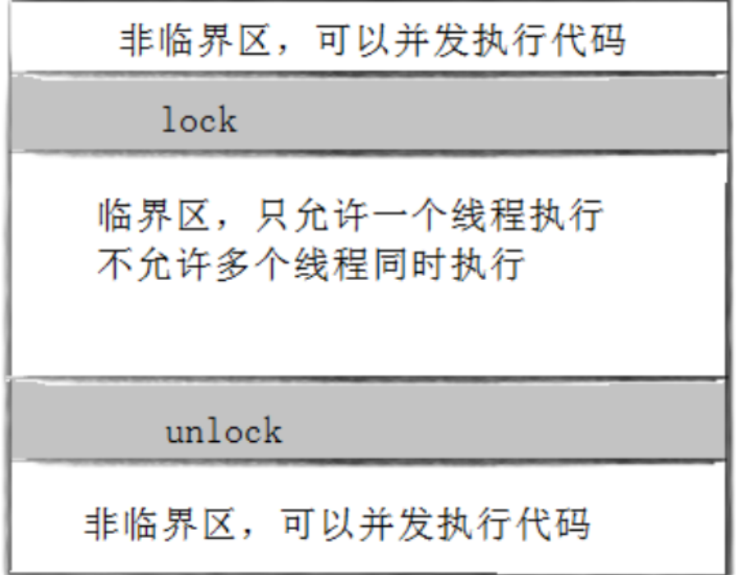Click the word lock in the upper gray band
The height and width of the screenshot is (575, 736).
(199, 121)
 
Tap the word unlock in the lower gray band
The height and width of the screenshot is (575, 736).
(223, 431)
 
